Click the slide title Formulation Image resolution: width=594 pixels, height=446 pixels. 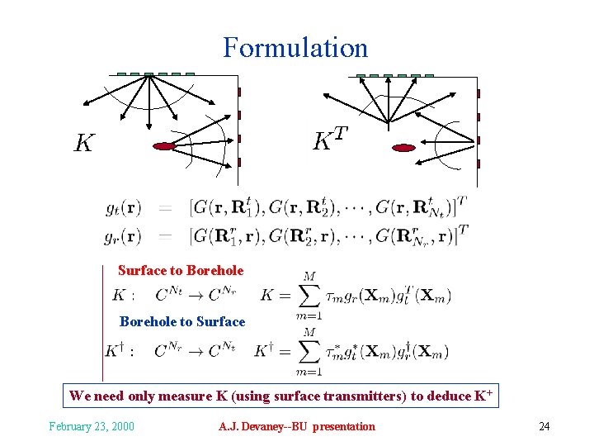295,47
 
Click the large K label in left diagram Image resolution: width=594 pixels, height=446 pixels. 83,144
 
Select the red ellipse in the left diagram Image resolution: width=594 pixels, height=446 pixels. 165,146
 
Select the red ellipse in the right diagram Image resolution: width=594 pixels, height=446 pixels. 403,148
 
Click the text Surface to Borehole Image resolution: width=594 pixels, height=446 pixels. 181,270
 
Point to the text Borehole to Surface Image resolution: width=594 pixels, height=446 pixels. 182,321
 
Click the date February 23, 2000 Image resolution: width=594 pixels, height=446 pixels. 92,426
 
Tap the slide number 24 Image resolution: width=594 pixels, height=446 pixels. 544,426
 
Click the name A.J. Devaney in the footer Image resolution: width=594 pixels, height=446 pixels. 247,426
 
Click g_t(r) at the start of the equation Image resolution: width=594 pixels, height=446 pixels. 123,207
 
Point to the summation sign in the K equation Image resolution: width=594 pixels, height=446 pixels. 309,296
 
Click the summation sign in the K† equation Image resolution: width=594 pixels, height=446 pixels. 309,352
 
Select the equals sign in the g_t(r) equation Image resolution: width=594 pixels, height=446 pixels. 166,207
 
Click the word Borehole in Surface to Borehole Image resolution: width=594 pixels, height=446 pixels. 215,270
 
